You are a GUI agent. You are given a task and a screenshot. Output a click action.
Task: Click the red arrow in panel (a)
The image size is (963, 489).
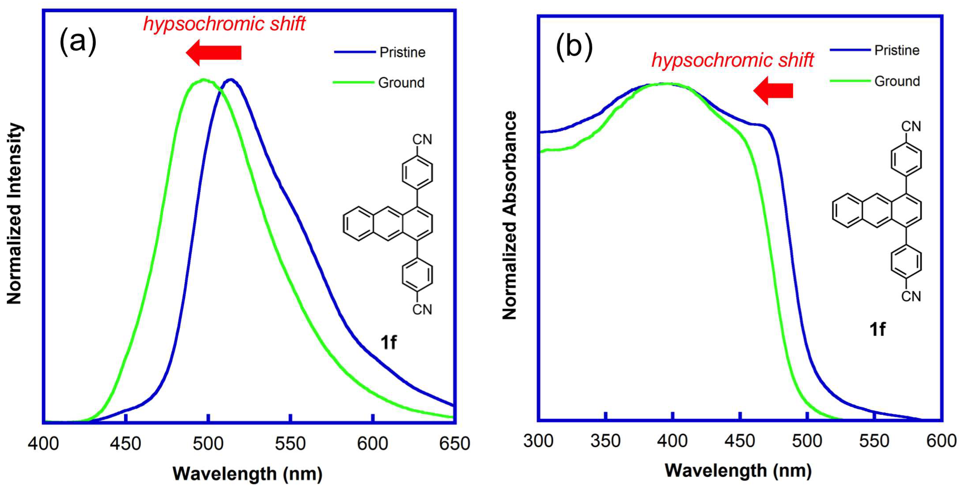[214, 52]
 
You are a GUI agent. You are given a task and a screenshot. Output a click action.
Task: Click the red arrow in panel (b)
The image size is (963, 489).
[773, 91]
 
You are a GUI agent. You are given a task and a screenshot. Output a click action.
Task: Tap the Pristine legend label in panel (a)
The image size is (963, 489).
[402, 52]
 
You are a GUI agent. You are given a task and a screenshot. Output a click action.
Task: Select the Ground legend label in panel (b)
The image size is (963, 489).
[897, 81]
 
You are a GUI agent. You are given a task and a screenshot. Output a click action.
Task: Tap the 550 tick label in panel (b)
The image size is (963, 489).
[874, 441]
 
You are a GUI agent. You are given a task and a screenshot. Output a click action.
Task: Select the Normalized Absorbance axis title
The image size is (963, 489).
[509, 215]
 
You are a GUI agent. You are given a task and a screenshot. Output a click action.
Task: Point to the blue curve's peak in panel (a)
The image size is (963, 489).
[231, 79]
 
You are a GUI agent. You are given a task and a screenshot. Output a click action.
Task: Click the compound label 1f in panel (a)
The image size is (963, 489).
[388, 342]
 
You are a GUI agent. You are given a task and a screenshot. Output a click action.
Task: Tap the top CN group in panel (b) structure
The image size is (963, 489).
[911, 126]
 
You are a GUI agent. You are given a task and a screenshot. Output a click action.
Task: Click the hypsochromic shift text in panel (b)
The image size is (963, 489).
[732, 60]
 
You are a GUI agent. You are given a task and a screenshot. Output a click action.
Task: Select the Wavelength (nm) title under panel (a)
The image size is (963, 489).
[247, 474]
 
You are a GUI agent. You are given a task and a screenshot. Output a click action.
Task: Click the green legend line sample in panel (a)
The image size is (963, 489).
[353, 82]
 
